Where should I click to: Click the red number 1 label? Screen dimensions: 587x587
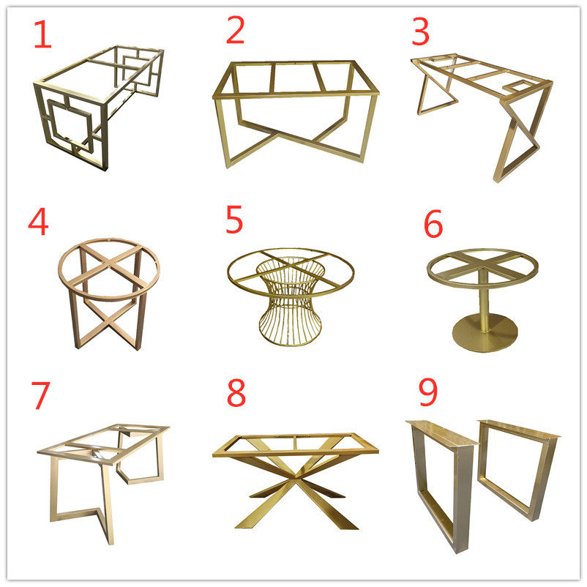(42, 34)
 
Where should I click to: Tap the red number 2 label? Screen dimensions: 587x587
(235, 30)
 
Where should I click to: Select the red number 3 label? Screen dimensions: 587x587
(420, 31)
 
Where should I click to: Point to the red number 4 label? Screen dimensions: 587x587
(38, 222)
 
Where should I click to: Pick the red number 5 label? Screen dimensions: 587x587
(234, 220)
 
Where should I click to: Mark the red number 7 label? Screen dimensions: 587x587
(40, 395)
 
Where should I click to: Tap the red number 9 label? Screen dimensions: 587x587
(428, 392)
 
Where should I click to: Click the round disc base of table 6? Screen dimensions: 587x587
(485, 332)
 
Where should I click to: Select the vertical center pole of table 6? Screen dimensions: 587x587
(484, 299)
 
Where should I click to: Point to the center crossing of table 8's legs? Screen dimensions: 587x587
(296, 479)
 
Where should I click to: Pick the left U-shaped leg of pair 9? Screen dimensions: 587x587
(442, 487)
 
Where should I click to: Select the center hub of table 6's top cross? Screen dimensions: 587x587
(483, 265)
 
